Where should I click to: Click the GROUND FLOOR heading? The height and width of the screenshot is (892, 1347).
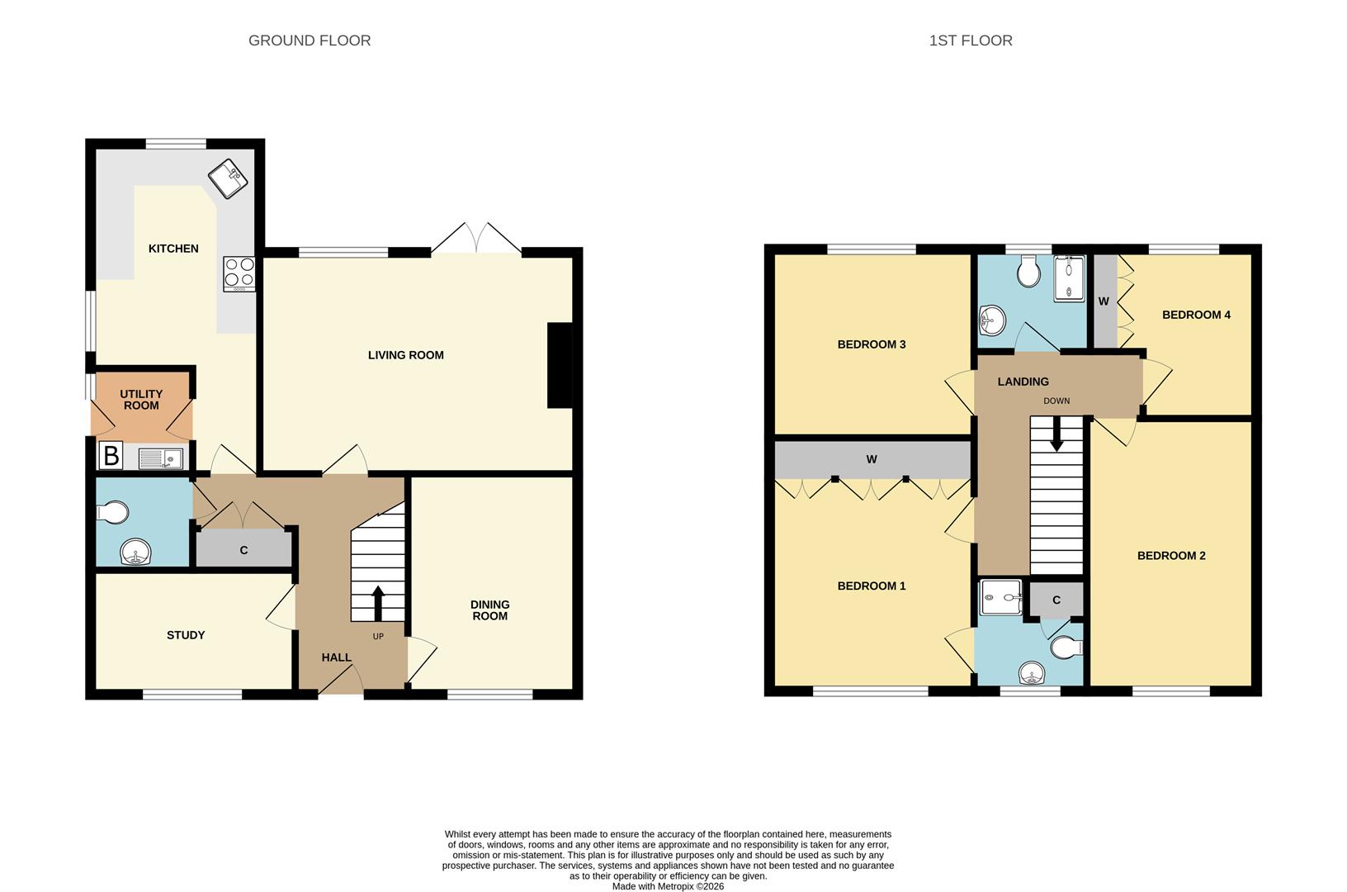[310, 40]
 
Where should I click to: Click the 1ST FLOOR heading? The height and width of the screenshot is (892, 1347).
[970, 40]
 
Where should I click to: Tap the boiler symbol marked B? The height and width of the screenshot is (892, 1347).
[110, 456]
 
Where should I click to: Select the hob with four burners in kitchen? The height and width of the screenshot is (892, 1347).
[239, 273]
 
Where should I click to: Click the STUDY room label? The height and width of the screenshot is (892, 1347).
[186, 635]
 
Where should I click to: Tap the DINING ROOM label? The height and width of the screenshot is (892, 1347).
[489, 610]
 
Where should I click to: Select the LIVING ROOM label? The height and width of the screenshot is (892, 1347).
[405, 355]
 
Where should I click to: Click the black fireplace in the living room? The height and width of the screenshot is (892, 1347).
[560, 365]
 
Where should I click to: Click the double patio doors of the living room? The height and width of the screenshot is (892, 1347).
[476, 239]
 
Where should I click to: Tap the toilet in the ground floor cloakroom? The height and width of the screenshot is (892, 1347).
[113, 513]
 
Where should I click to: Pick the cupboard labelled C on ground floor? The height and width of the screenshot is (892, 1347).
[243, 550]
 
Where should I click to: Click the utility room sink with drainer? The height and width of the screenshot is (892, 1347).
[160, 458]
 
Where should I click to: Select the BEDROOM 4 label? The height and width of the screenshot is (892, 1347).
[1196, 315]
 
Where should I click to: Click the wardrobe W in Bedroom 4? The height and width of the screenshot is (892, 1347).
[1104, 301]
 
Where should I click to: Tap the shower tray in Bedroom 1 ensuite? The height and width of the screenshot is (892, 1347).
[1000, 596]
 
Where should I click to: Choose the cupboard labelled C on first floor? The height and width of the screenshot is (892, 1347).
[1056, 600]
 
